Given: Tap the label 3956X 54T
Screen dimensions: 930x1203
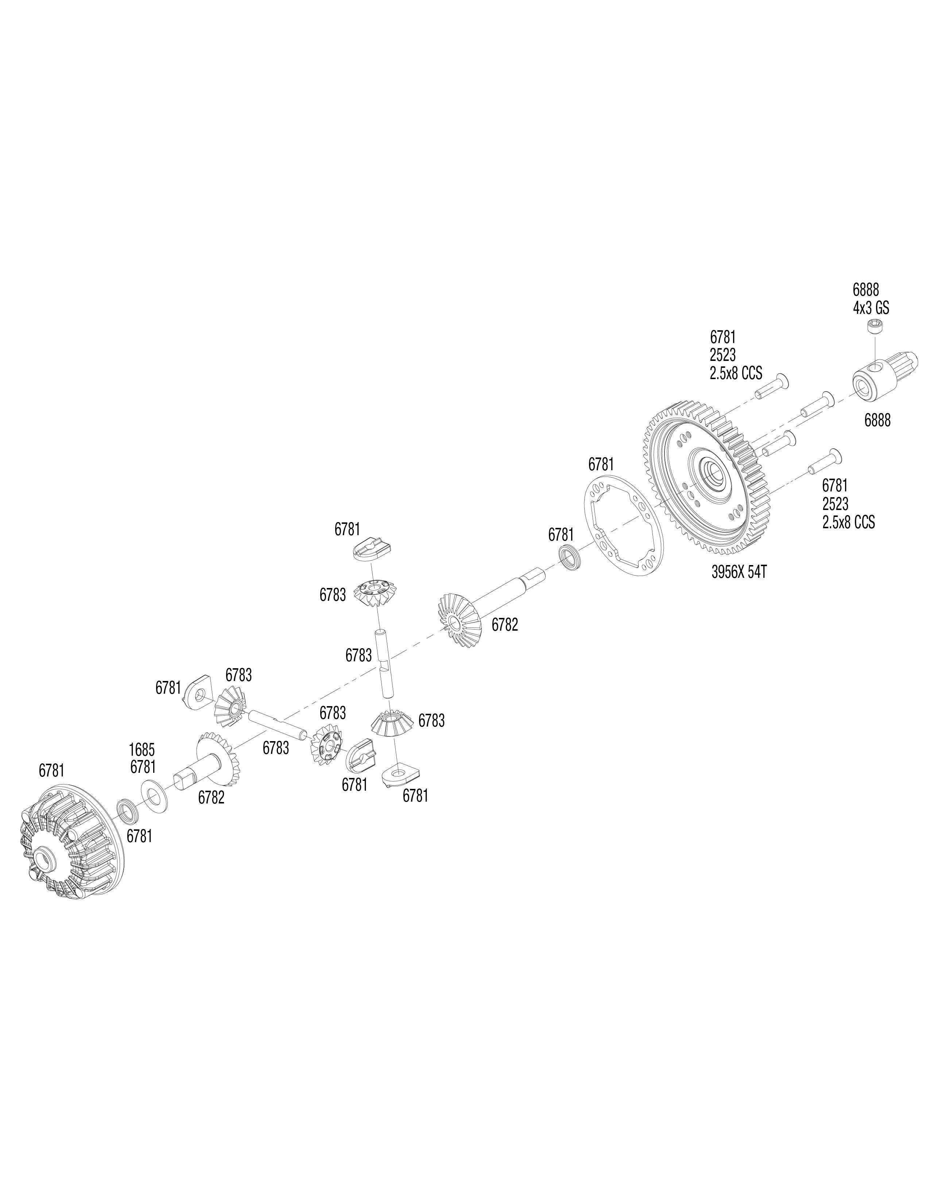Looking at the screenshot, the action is [739, 572].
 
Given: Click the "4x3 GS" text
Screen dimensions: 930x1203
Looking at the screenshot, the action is [871, 307].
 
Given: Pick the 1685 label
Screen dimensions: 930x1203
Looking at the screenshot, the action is [142, 750].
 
